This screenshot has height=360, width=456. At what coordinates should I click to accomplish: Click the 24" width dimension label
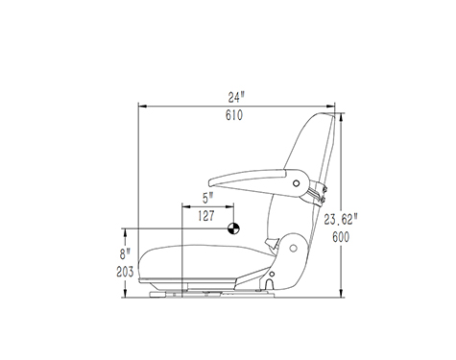pyautogui.click(x=236, y=97)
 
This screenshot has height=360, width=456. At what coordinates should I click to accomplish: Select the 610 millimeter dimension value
pyautogui.click(x=234, y=115)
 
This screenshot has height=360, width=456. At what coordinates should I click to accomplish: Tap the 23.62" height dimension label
pyautogui.click(x=340, y=220)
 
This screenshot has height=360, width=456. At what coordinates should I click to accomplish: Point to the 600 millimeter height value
pyautogui.click(x=341, y=237)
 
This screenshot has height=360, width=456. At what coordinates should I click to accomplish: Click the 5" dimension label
pyautogui.click(x=207, y=198)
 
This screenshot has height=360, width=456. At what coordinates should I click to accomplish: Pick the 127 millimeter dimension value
pyautogui.click(x=206, y=216)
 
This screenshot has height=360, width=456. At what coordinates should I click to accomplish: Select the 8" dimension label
pyautogui.click(x=125, y=254)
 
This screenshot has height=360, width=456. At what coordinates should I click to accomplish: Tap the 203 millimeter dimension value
pyautogui.click(x=125, y=272)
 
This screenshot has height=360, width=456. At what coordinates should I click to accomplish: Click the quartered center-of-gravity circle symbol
pyautogui.click(x=233, y=228)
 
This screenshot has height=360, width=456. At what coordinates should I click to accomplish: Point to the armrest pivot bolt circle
pyautogui.click(x=297, y=183)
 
